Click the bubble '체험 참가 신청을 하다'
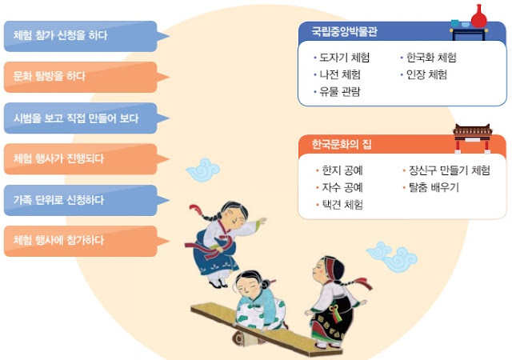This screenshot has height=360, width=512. [81, 36]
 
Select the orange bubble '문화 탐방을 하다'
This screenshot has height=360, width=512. [81, 77]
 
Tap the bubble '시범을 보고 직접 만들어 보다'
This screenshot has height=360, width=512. [81, 118]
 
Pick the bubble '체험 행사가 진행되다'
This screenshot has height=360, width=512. [81, 159]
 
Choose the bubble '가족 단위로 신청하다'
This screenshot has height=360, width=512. [81, 200]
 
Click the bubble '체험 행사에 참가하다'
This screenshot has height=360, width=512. [81, 241]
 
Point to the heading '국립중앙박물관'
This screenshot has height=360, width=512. [345, 31]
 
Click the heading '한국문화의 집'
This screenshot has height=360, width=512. [342, 144]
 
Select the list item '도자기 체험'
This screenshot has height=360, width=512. [342, 58]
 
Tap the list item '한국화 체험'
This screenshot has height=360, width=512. [429, 58]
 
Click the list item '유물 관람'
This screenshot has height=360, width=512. [337, 92]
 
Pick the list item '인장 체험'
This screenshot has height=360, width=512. [423, 75]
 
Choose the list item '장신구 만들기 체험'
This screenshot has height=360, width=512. [446, 170]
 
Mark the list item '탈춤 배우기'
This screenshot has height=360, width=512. [431, 187]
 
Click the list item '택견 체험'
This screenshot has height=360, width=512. [339, 205]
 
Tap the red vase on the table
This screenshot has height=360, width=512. [478, 16]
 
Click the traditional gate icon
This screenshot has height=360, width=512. [473, 138]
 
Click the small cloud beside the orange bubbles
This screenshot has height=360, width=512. [203, 170]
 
